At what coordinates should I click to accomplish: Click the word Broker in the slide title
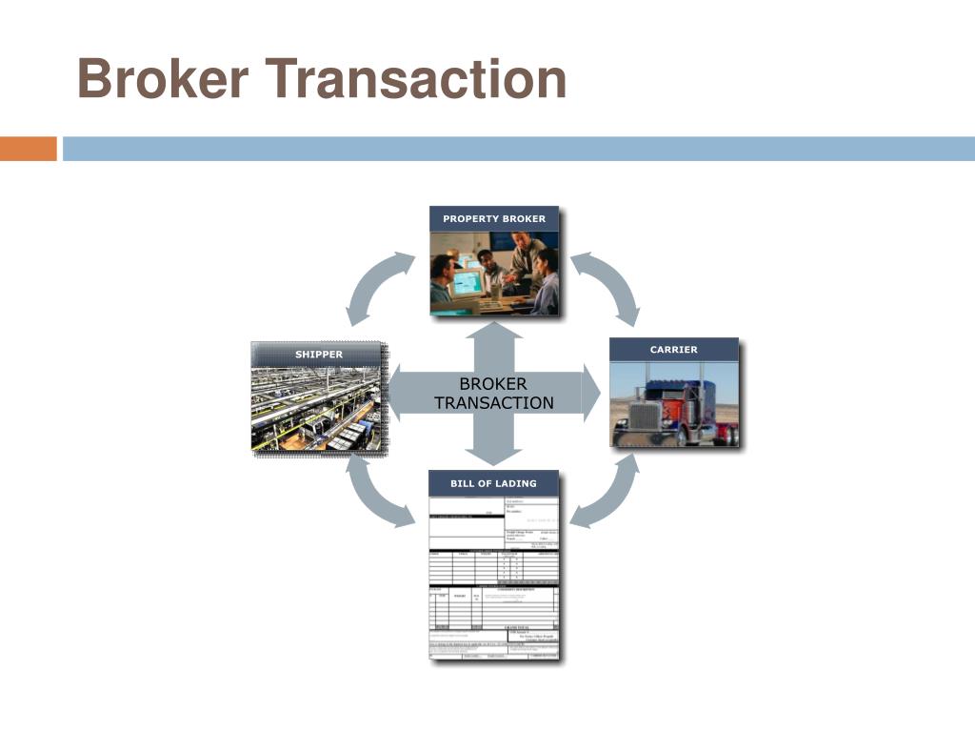pyautogui.click(x=162, y=79)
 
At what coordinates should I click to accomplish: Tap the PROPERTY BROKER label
pyautogui.click(x=494, y=218)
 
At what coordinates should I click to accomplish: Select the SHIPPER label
pyautogui.click(x=319, y=355)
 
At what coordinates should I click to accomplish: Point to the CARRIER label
pyautogui.click(x=673, y=350)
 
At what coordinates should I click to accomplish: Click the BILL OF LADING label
pyautogui.click(x=493, y=483)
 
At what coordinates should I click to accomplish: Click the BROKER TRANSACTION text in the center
pyautogui.click(x=493, y=393)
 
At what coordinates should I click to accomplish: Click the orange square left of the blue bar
pyautogui.click(x=28, y=149)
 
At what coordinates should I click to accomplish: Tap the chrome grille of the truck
pyautogui.click(x=645, y=417)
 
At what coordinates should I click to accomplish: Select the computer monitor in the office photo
pyautogui.click(x=467, y=281)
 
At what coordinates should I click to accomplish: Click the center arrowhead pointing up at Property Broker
pyautogui.click(x=493, y=333)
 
